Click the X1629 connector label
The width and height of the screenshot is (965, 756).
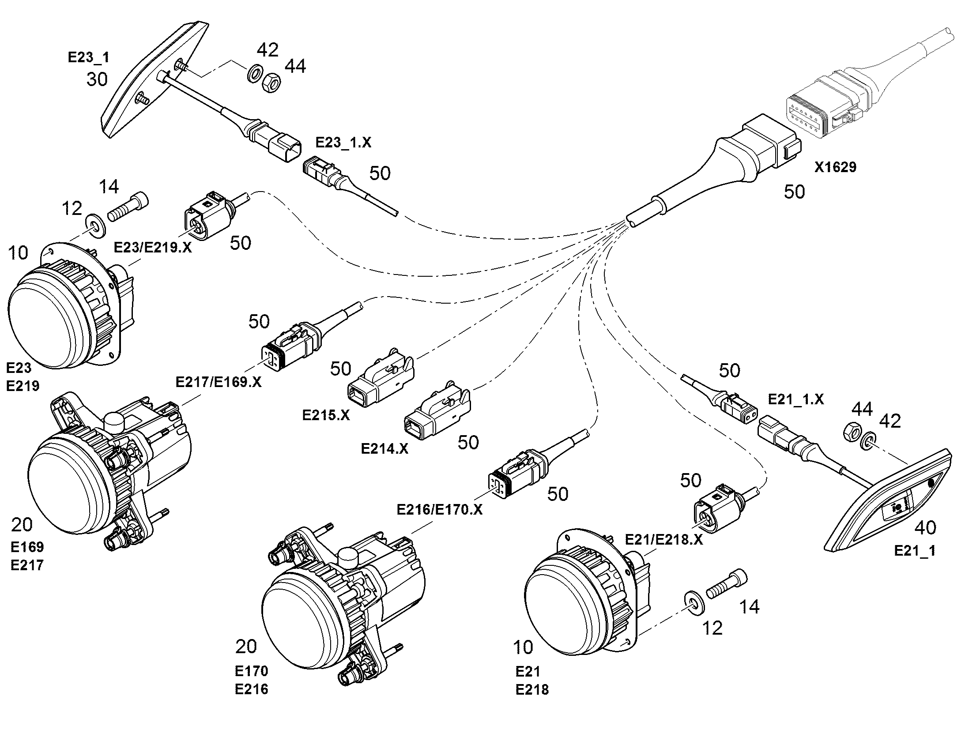(835, 167)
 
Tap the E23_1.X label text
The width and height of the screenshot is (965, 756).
(343, 142)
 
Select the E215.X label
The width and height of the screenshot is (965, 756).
(326, 415)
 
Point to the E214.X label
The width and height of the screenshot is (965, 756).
(384, 449)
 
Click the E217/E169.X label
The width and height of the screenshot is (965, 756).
(218, 382)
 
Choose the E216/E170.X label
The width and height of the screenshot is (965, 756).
(439, 509)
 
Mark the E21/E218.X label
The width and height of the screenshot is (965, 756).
(663, 540)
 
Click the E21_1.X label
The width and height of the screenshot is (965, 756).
(795, 399)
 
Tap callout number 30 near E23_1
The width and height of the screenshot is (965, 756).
(97, 79)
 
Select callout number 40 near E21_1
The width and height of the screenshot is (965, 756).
(925, 527)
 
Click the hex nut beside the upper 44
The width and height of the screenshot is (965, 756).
(270, 83)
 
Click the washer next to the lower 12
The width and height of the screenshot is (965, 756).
(694, 602)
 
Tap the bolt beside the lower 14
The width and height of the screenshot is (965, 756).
(727, 584)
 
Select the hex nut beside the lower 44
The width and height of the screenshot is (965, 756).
(851, 431)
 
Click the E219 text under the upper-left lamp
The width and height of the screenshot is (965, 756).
(23, 386)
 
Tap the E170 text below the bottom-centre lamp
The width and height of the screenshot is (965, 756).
(252, 671)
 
